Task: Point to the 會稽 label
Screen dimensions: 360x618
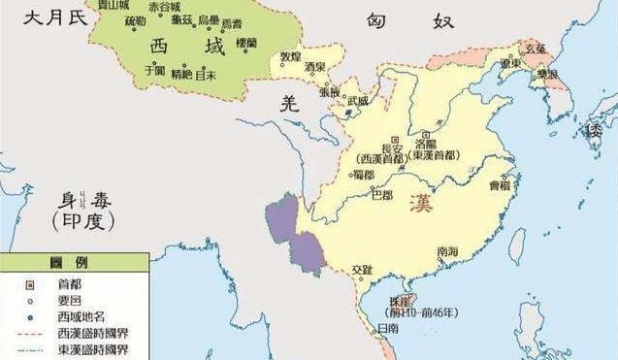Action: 499,181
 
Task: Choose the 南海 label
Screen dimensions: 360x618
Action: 447,251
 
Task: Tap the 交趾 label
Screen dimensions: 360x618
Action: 361,269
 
